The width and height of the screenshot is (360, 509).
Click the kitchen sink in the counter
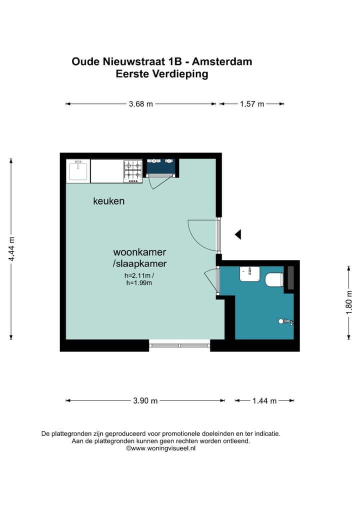click(78, 171)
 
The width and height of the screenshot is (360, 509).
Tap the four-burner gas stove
click(133, 171)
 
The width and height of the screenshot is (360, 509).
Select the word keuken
click(108, 201)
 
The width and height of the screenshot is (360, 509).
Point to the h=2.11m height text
click(139, 275)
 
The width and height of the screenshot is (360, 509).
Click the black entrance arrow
click(238, 234)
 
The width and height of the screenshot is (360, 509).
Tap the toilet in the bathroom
click(274, 279)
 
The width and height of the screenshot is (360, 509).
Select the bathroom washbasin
click(249, 274)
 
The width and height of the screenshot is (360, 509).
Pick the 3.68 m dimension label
click(140, 104)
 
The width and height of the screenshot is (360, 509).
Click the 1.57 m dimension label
click(252, 104)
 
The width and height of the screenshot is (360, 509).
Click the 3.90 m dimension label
click(145, 400)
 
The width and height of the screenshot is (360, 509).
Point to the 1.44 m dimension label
click(264, 400)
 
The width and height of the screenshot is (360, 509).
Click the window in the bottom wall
click(179, 345)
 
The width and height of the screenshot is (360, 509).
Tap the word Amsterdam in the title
click(223, 62)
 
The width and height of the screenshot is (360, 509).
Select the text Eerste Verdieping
click(161, 74)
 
